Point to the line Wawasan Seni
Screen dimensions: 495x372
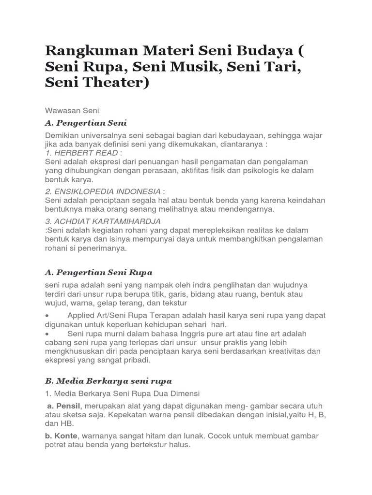coord(72,110)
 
